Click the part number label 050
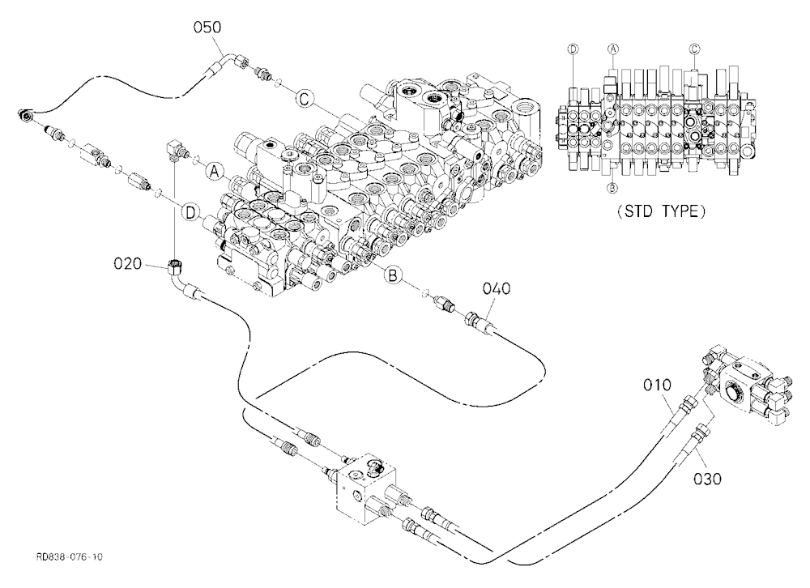pyautogui.click(x=207, y=27)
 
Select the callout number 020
pyautogui.click(x=128, y=263)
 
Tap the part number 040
pyautogui.click(x=497, y=288)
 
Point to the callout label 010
pyautogui.click(x=657, y=385)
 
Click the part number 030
pyautogui.click(x=707, y=479)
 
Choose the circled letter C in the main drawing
pyautogui.click(x=305, y=98)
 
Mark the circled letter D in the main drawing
pyautogui.click(x=191, y=212)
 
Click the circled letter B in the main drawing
pyautogui.click(x=393, y=275)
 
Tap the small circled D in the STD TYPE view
pyautogui.click(x=573, y=49)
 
